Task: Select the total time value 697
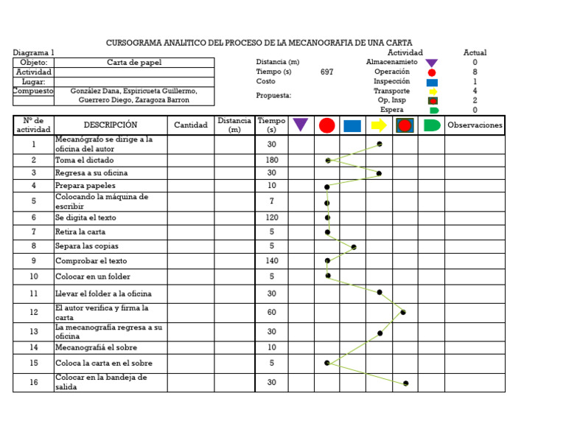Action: (x=327, y=72)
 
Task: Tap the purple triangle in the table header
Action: (x=301, y=125)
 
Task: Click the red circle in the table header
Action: (x=326, y=125)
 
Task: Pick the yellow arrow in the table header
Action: (x=379, y=125)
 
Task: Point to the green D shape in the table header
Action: (x=432, y=125)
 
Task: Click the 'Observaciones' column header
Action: (x=475, y=125)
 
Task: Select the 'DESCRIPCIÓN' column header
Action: (x=111, y=125)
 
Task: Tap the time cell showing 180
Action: (x=272, y=160)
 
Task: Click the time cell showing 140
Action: (x=272, y=261)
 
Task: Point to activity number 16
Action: (x=33, y=383)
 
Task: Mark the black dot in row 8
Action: (x=354, y=247)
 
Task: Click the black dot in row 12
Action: (x=403, y=313)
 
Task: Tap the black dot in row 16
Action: (x=406, y=383)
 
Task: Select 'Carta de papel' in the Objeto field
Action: (x=134, y=63)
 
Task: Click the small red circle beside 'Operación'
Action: (x=432, y=72)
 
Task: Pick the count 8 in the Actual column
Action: (x=475, y=72)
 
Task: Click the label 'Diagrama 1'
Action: (x=34, y=53)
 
